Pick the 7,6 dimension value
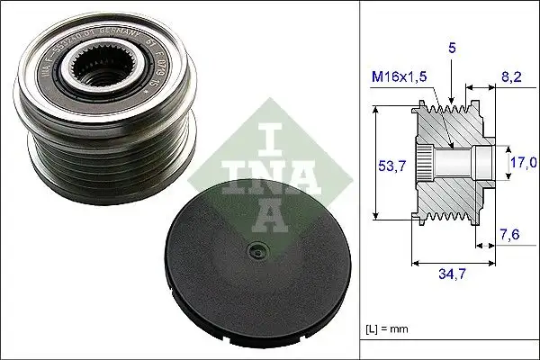tap(509, 236)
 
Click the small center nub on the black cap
tap(258, 253)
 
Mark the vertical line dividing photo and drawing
tap(359, 180)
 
